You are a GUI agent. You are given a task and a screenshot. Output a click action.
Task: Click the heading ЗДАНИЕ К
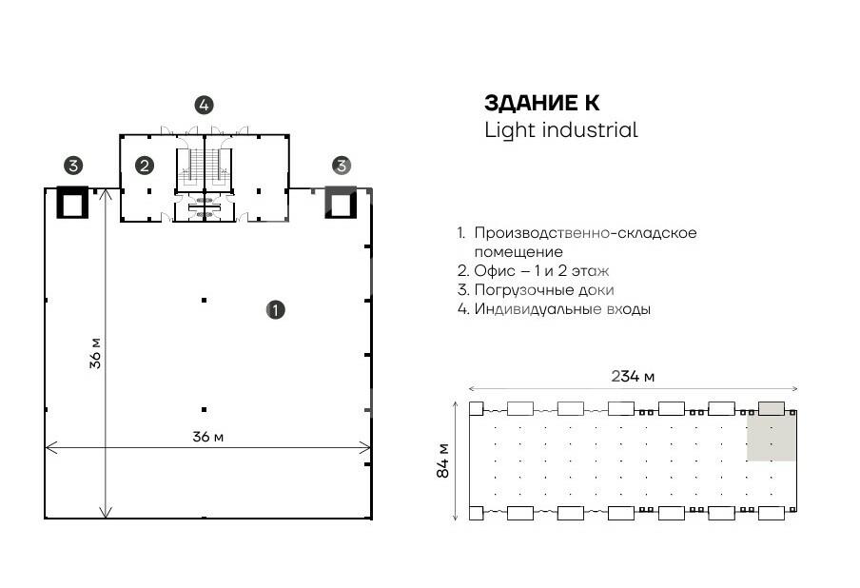pyautogui.click(x=542, y=103)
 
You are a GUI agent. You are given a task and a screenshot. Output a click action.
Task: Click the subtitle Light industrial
pyautogui.click(x=560, y=130)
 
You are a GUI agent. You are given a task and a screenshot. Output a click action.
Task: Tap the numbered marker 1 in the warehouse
pyautogui.click(x=276, y=309)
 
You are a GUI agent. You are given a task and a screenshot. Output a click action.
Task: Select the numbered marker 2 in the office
pyautogui.click(x=145, y=166)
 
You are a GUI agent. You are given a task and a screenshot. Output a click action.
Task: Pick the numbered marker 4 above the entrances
pyautogui.click(x=204, y=105)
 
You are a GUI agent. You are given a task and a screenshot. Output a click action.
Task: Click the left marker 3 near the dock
pyautogui.click(x=72, y=166)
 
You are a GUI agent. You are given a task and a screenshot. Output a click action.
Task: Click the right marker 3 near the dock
pyautogui.click(x=341, y=166)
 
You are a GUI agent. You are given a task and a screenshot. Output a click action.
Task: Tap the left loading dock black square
pyautogui.click(x=73, y=202)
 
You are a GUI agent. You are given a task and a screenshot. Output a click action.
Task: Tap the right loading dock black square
pyautogui.click(x=341, y=202)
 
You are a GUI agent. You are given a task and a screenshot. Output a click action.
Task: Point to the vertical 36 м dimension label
pyautogui.click(x=95, y=352)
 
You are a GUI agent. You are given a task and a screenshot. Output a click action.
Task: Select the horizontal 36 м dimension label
pyautogui.click(x=207, y=437)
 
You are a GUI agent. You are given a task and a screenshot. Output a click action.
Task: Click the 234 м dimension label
pyautogui.click(x=633, y=376)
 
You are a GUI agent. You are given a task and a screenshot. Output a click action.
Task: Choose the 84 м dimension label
pyautogui.click(x=443, y=461)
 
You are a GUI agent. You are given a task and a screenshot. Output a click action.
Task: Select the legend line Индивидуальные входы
pyautogui.click(x=561, y=309)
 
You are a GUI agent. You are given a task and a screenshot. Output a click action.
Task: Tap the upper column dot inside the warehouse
pyautogui.click(x=204, y=301)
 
